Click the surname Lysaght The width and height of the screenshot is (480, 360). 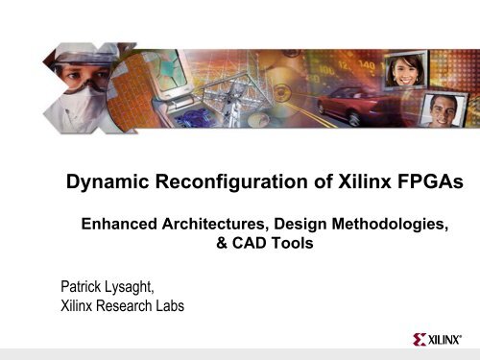pyautogui.click(x=139, y=286)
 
